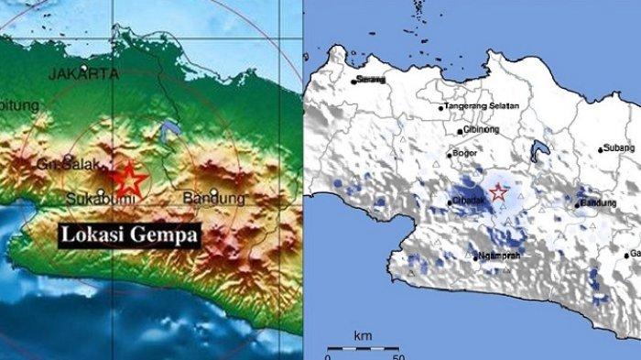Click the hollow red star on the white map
click(498, 192)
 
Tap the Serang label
click(372, 80)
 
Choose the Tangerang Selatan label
click(483, 106)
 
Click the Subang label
click(620, 147)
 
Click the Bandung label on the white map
click(599, 202)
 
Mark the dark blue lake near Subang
click(539, 147)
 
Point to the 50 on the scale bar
click(396, 355)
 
